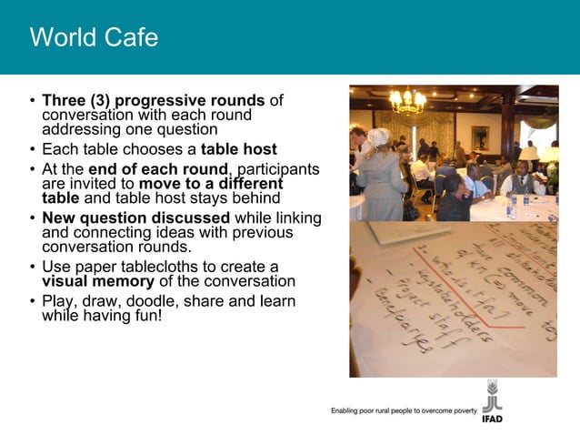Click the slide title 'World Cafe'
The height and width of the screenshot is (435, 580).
pyautogui.click(x=94, y=38)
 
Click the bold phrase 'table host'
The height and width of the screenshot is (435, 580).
pyautogui.click(x=239, y=149)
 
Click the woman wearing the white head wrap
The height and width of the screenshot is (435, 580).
pyautogui.click(x=381, y=173)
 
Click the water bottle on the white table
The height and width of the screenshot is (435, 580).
pyautogui.click(x=512, y=207)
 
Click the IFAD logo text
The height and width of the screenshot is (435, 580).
pyautogui.click(x=492, y=419)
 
